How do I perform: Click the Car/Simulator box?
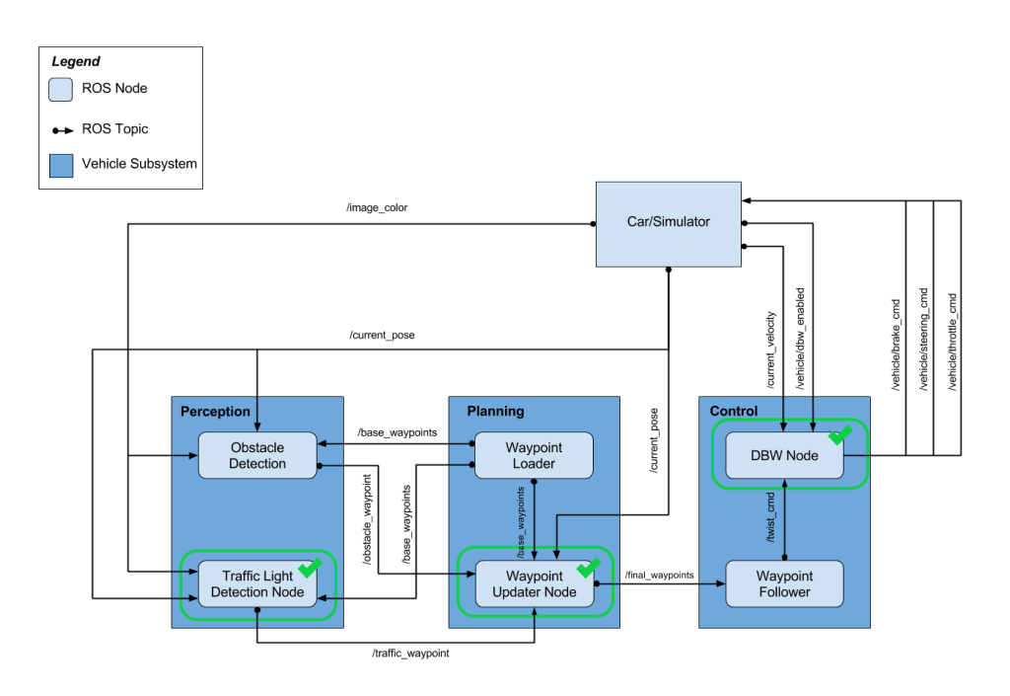coord(668,223)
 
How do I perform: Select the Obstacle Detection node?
coord(256,455)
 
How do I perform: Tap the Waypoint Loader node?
coord(534,455)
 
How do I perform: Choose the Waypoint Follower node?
coord(784,583)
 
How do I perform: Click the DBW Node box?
coord(784,455)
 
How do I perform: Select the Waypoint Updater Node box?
coord(534,583)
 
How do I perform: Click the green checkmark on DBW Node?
coord(840,434)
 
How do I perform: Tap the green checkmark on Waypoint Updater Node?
coord(588,568)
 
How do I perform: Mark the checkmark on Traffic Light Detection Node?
coord(310,568)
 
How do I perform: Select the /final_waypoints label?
coord(659,575)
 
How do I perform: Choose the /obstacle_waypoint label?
coord(367,519)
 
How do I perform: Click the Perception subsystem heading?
coord(215,411)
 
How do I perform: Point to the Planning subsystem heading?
coord(495,411)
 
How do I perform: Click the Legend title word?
coord(75,62)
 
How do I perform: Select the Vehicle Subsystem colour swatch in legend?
coord(61,164)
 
